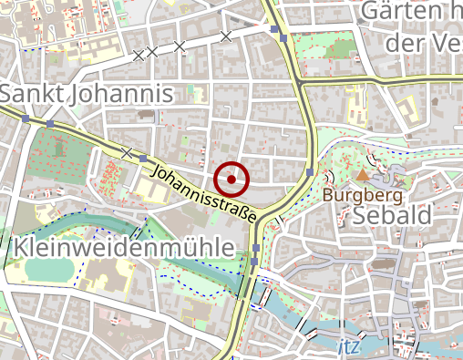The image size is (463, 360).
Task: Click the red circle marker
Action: tap(232, 180)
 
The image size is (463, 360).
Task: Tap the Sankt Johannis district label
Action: tap(87, 94)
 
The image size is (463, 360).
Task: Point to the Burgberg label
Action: tap(363, 195)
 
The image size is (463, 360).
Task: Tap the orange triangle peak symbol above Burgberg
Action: tap(363, 173)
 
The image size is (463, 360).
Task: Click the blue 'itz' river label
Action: tap(347, 347)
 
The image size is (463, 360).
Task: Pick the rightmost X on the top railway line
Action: tap(226, 36)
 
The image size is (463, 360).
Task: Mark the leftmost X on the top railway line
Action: tap(139, 56)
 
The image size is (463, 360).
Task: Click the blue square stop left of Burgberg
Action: tap(312, 172)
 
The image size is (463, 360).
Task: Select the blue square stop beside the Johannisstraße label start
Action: tap(144, 158)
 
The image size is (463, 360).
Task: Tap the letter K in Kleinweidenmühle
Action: tap(21, 248)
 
